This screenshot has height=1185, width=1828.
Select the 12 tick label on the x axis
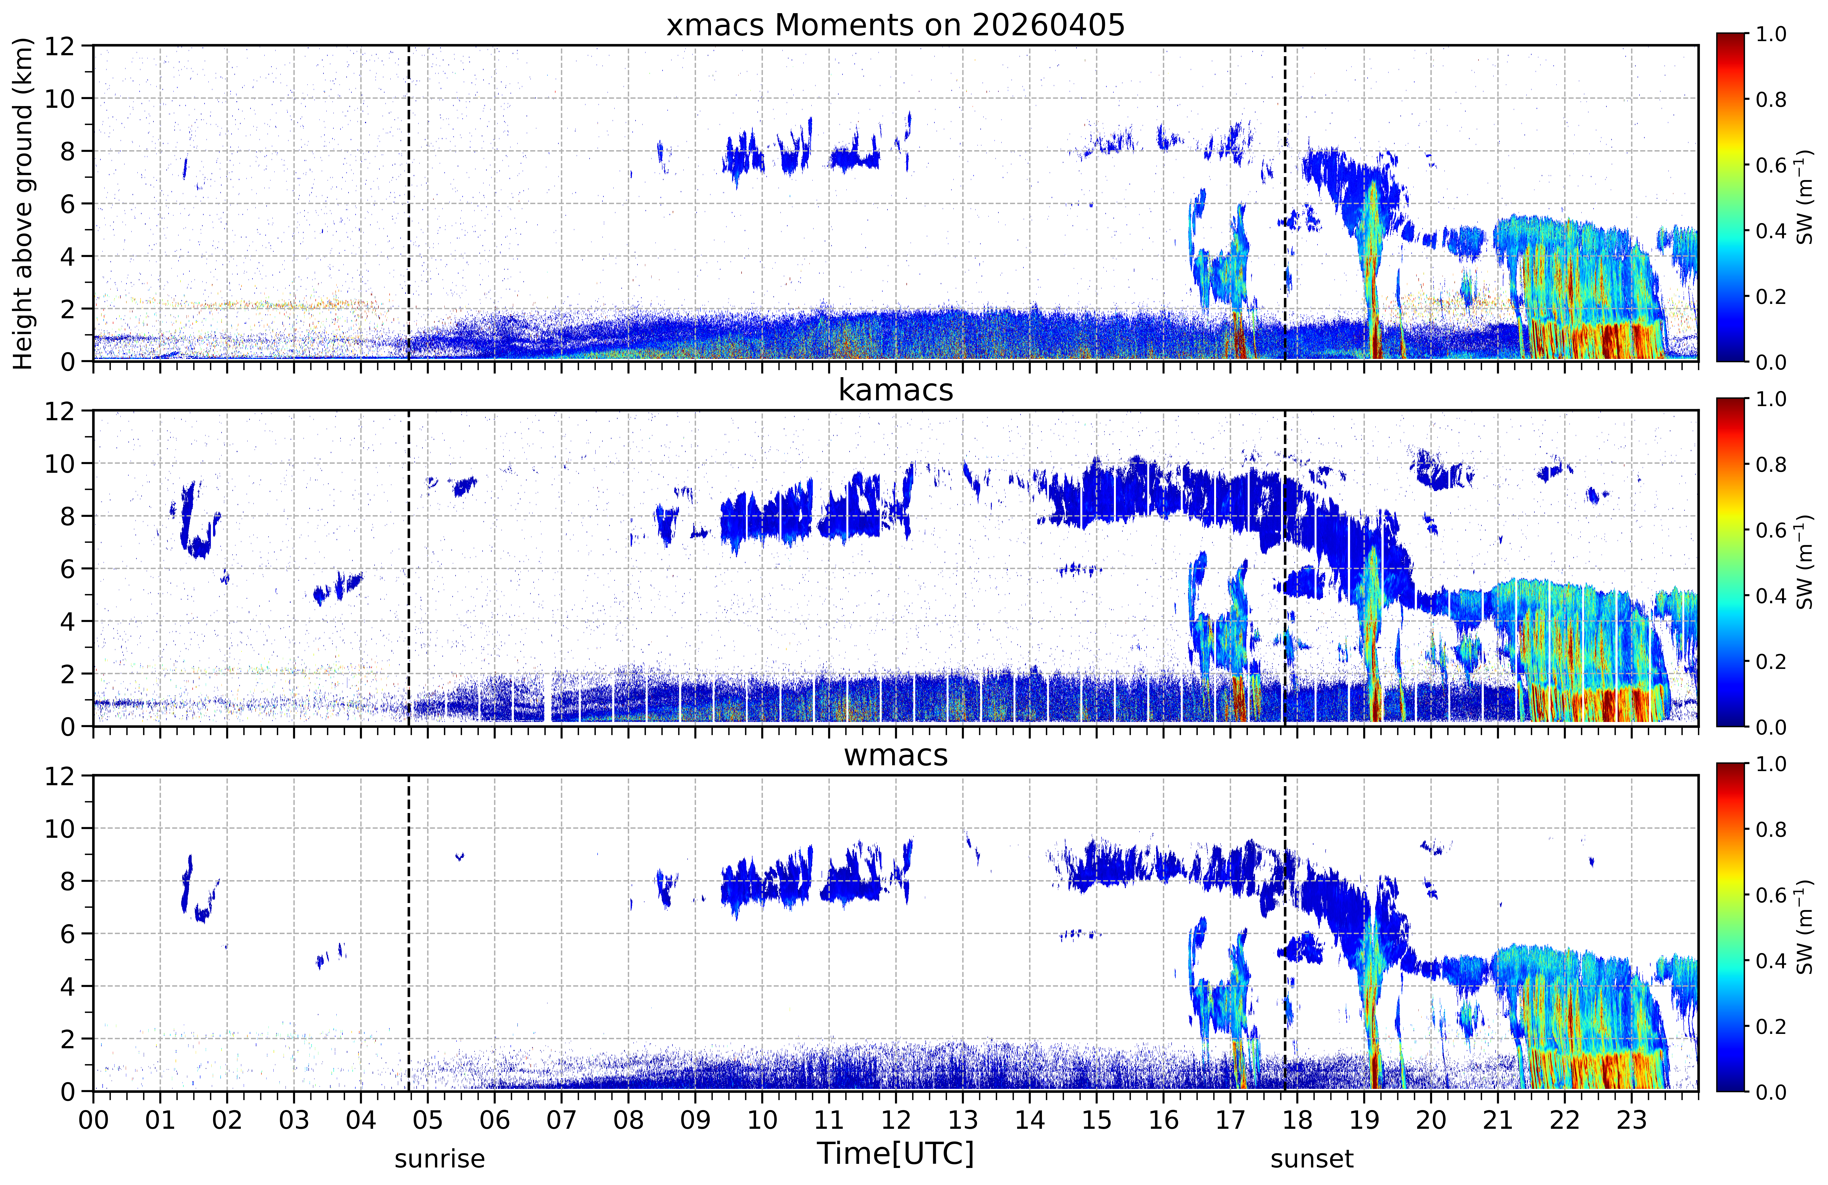896,1121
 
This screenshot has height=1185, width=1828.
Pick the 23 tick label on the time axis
1631,1121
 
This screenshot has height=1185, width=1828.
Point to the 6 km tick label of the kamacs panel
68,569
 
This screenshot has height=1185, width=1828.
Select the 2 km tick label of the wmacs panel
68,1039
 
